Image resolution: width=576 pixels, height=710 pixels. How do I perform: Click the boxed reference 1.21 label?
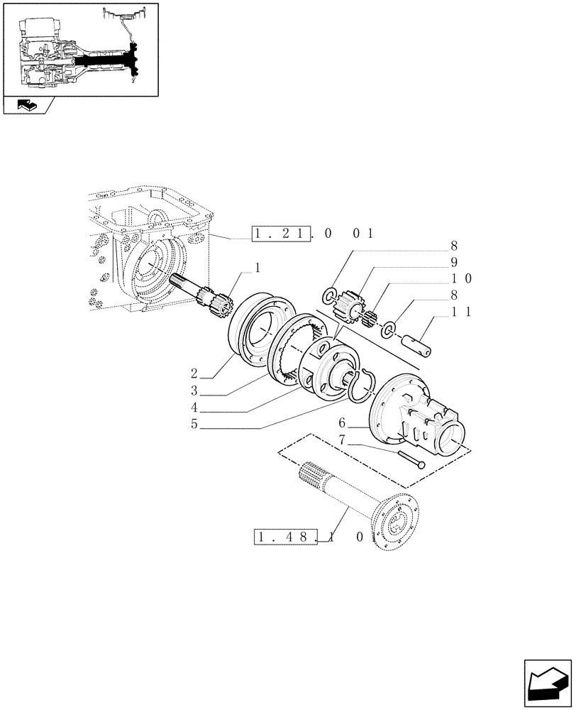coord(282,234)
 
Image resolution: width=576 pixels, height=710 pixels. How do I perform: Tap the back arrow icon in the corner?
coord(546,684)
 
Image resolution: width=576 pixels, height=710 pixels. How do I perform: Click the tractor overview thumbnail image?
coord(79,48)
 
